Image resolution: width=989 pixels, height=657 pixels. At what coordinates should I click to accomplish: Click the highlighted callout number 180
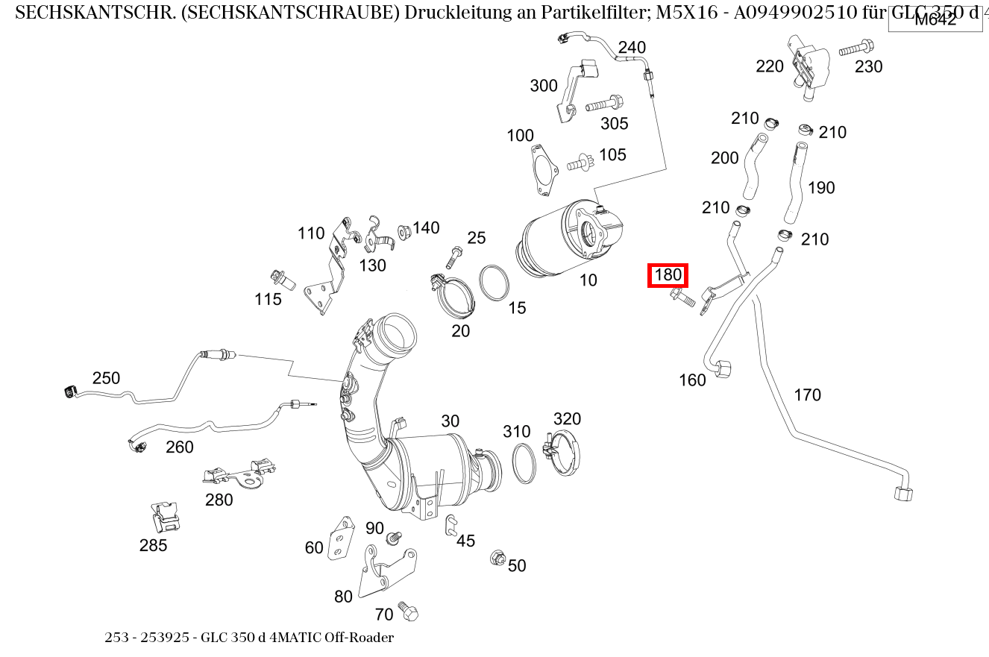coord(668,275)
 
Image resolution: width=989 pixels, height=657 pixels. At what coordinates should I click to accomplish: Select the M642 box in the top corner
coord(935,20)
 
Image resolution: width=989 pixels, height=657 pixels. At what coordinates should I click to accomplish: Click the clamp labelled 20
coord(451,297)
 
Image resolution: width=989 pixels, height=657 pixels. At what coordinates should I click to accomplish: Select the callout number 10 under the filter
coord(588,280)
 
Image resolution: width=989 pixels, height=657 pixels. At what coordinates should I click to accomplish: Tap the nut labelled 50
coord(497,558)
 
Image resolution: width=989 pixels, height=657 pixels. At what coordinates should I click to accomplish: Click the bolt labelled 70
coord(408,611)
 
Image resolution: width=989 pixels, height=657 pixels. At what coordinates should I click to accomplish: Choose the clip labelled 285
coord(166,516)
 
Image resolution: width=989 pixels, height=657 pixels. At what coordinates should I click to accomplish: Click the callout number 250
coord(106,378)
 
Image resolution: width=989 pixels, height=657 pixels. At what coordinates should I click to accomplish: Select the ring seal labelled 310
coord(524,462)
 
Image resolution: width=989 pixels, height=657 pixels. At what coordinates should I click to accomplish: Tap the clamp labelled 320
coord(564,453)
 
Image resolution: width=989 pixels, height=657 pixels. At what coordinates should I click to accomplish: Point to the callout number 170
coord(807,394)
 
